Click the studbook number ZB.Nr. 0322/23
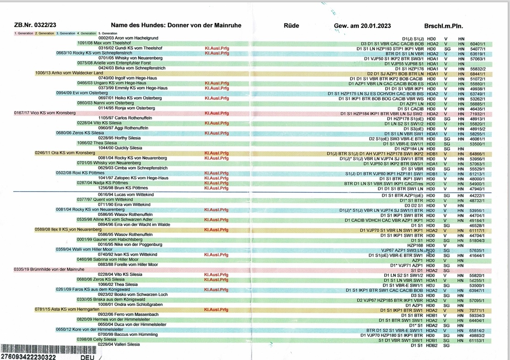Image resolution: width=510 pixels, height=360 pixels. pyautogui.click(x=35, y=26)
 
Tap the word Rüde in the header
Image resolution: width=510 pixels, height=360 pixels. pyautogui.click(x=291, y=26)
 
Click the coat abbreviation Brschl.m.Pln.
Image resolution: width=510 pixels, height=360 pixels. pyautogui.click(x=443, y=26)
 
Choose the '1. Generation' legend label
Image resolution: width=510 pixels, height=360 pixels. pyautogui.click(x=24, y=33)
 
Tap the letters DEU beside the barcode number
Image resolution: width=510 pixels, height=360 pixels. pyautogui.click(x=88, y=357)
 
